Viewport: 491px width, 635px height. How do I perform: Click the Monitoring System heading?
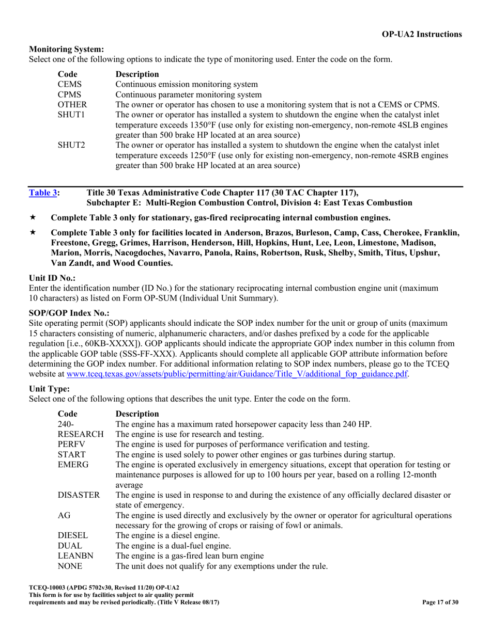[67, 50]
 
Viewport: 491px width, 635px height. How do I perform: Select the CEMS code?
[69, 84]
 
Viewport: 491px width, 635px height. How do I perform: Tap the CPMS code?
[69, 94]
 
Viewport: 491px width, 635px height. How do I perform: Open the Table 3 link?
[43, 193]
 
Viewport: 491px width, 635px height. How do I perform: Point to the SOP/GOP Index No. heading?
[69, 313]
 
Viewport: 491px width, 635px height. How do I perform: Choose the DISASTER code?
[79, 495]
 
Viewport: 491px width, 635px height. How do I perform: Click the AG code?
[64, 515]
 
